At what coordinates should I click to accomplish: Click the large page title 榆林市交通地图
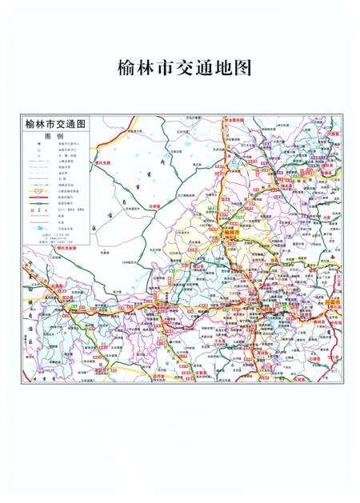pyautogui.click(x=183, y=68)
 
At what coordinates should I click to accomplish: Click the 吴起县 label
pyautogui.click(x=100, y=370)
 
